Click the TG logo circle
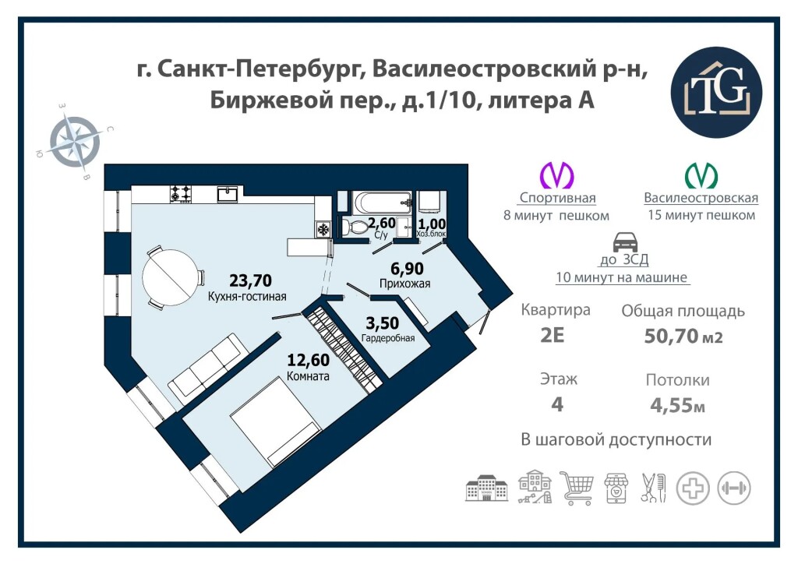point(717,92)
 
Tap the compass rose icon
point(76,141)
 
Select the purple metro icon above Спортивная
point(556,175)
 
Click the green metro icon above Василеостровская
point(701,175)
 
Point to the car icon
point(625,242)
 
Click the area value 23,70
point(250,280)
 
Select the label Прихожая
point(405,284)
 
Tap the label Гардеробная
point(388,337)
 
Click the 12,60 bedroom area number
point(309,360)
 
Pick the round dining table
point(169,277)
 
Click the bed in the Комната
point(275,421)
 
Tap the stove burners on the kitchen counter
point(181,194)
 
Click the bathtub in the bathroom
point(382,203)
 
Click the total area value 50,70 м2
point(683,337)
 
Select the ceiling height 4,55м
point(677,405)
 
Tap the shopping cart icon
point(577,487)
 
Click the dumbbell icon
point(733,488)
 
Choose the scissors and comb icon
point(654,488)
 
